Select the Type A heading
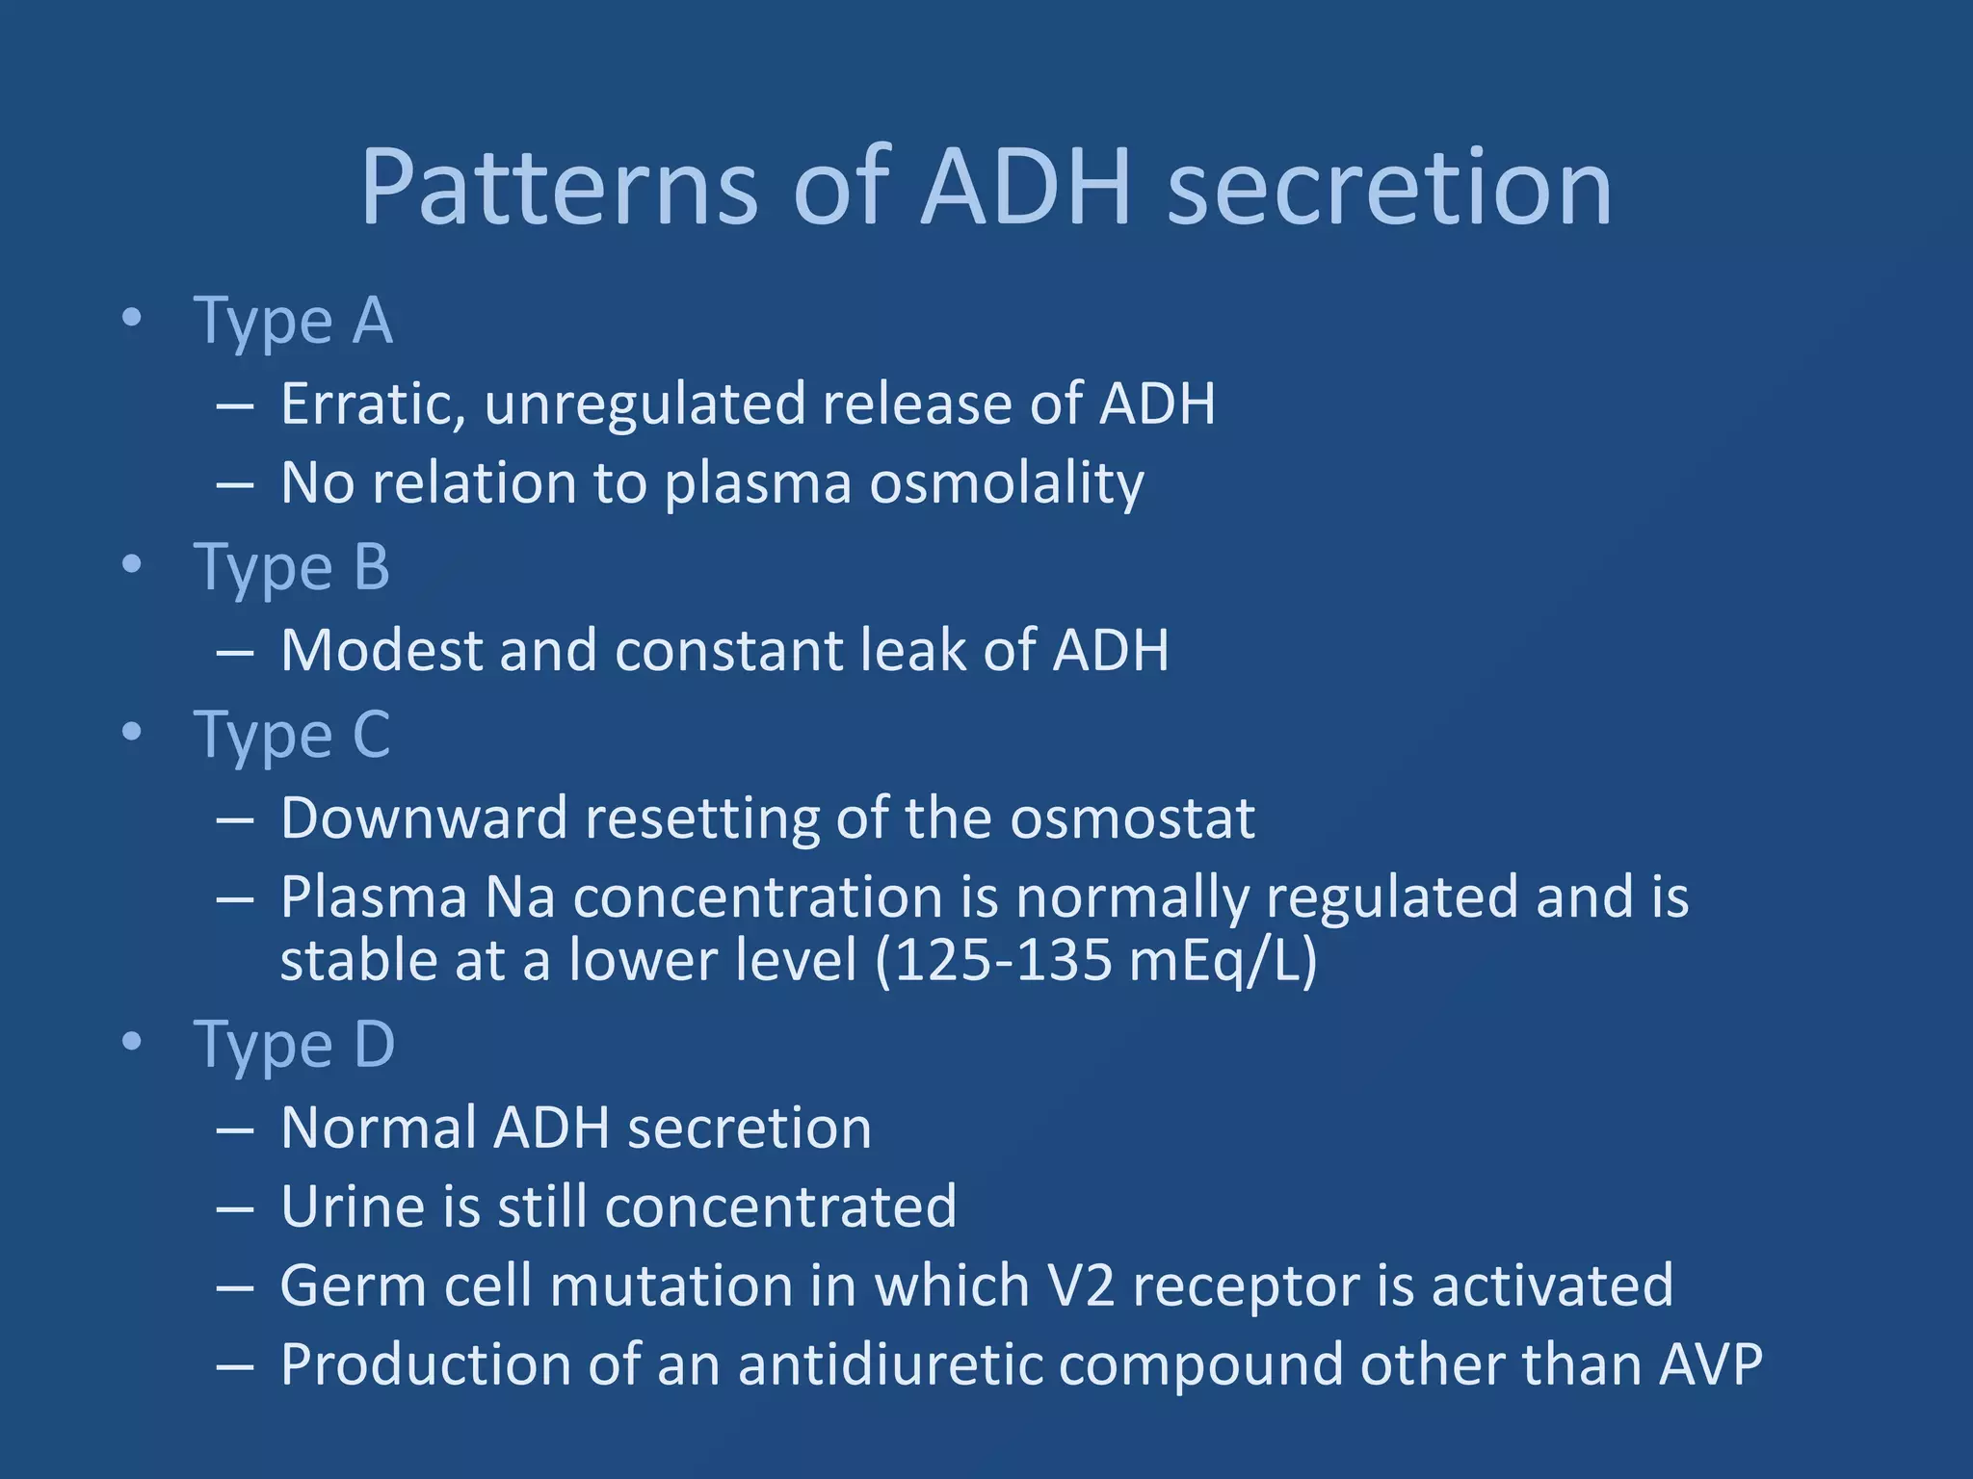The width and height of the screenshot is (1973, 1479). coord(293,321)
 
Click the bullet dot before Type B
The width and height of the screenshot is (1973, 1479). coord(132,565)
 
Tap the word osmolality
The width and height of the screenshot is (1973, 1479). coord(1007,483)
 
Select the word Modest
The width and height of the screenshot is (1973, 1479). coord(381,651)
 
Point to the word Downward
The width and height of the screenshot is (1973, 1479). coord(424,818)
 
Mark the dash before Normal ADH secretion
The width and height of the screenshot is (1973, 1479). coord(235,1129)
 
